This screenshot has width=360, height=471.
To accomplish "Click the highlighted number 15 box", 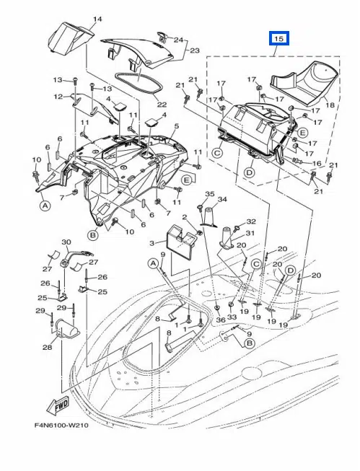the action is [279, 38].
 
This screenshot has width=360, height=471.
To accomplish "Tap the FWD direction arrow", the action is [58, 404].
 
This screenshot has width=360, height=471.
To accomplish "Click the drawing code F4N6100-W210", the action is [61, 425].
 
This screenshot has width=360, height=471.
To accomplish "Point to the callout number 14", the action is [97, 19].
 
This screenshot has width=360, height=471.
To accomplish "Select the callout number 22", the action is [162, 105].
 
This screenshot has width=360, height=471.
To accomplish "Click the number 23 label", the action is [195, 50].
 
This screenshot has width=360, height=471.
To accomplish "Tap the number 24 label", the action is [178, 40].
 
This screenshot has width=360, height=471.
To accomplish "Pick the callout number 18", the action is [330, 105].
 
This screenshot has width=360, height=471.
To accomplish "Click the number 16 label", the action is [317, 164].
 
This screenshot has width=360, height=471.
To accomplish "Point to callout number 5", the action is [177, 126].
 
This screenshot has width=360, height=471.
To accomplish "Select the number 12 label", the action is [58, 97].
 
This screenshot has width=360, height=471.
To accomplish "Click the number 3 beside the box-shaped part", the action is [152, 242].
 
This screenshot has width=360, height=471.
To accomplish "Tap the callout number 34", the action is [222, 199].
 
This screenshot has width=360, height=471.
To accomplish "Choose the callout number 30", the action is [66, 242].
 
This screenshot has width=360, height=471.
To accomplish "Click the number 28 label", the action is [47, 347].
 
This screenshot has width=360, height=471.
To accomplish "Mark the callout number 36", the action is [221, 320].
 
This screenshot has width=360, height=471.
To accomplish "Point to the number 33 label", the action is [232, 317].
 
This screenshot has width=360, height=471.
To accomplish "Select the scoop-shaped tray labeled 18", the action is [304, 84].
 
